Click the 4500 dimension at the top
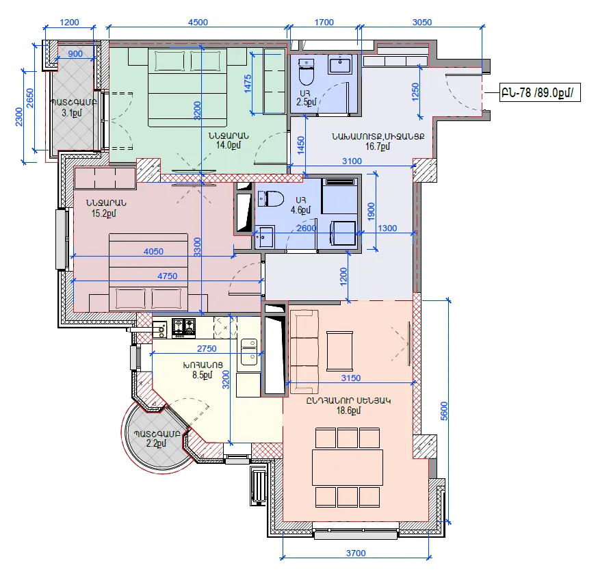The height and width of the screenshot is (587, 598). [198, 22]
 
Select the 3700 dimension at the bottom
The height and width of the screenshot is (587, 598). [356, 553]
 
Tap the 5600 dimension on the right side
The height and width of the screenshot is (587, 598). [444, 410]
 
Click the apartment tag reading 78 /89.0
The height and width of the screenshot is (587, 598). [540, 92]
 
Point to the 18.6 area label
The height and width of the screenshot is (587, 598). [348, 410]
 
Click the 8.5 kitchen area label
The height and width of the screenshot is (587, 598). [202, 375]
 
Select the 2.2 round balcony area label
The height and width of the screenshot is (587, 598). [157, 443]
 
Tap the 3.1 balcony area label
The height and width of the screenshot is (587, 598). [72, 113]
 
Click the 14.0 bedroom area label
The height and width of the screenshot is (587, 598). [228, 145]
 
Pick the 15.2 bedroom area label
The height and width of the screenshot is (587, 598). [104, 213]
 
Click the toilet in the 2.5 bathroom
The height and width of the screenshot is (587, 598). [306, 72]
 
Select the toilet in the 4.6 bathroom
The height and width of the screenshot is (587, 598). [271, 198]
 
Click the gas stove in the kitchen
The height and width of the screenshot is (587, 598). [184, 328]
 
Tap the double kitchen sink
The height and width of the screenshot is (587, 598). [248, 352]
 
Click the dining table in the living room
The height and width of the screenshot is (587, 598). [348, 467]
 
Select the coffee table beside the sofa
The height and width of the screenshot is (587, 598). [339, 351]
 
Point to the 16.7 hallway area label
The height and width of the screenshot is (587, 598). [378, 146]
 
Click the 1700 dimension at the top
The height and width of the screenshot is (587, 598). [324, 22]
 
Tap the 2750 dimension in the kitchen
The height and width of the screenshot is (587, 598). [207, 348]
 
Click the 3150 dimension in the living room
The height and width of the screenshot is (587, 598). [351, 378]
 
